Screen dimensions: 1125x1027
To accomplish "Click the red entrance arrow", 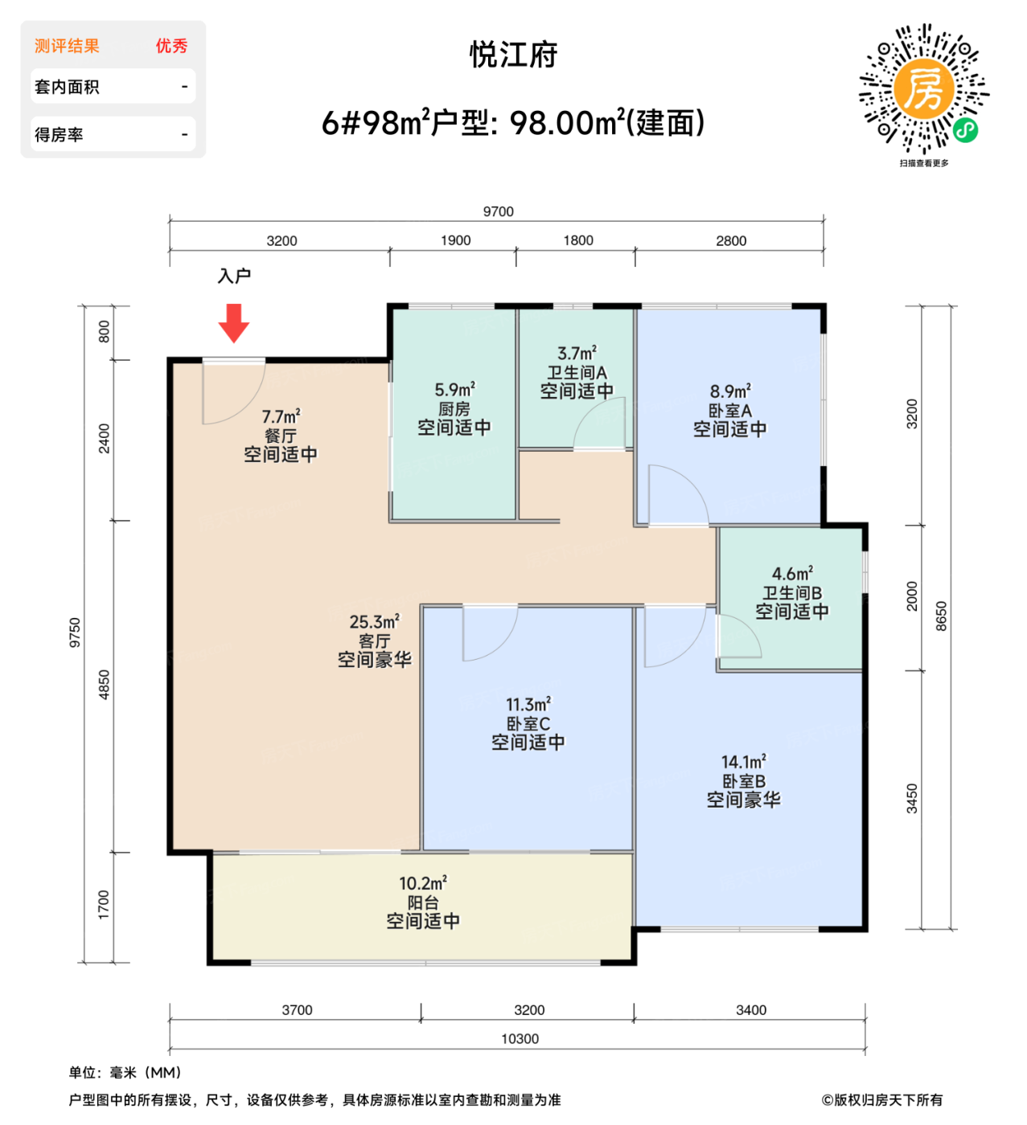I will point(234,322).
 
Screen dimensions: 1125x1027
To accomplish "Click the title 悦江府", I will point(513,55).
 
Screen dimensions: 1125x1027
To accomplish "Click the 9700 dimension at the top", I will point(498,211).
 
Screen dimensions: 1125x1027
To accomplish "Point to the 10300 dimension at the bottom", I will point(520,1039).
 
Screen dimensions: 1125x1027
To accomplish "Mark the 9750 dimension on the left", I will point(75,632).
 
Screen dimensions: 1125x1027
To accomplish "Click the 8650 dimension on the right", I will point(941,616).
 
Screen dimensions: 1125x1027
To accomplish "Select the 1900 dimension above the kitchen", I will point(455,240).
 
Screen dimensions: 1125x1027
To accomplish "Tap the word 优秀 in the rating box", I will point(171,46).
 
